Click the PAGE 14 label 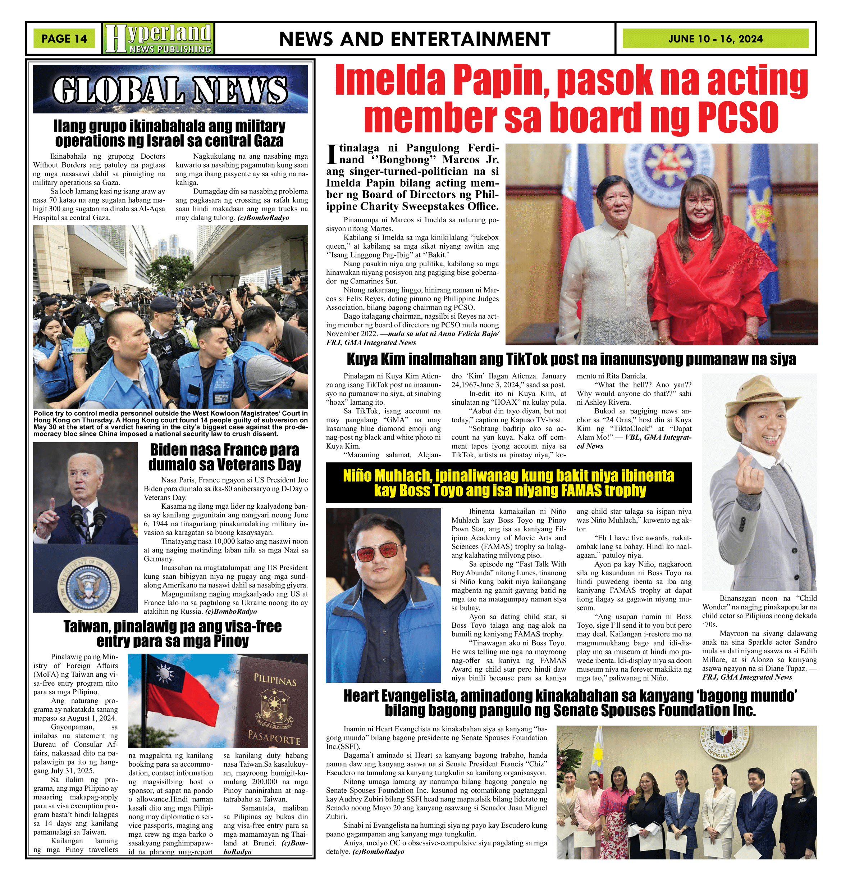tap(64, 38)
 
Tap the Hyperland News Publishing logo tap(158, 38)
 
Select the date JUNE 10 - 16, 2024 tap(715, 39)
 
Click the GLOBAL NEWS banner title tap(170, 89)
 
